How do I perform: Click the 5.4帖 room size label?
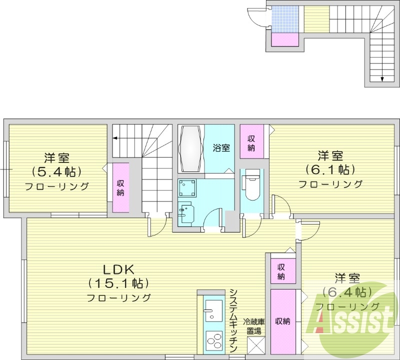56,172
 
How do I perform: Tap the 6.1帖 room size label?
330,169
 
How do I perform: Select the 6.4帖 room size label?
347,292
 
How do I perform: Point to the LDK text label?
118,269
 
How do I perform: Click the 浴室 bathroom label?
221,147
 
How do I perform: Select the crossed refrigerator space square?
256,345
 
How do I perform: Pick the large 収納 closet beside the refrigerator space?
283,321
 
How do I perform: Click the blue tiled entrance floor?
284,19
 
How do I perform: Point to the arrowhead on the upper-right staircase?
382,79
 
